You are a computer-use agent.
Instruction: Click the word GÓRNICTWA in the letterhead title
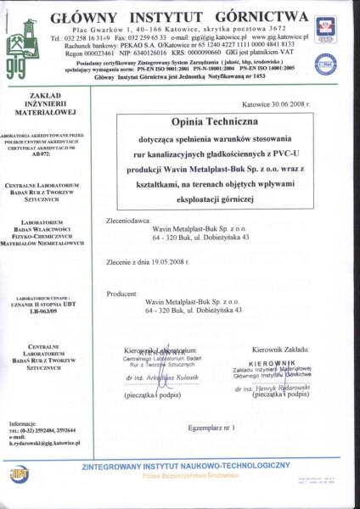click(260, 16)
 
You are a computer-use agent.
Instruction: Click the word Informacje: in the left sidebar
click(23, 423)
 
